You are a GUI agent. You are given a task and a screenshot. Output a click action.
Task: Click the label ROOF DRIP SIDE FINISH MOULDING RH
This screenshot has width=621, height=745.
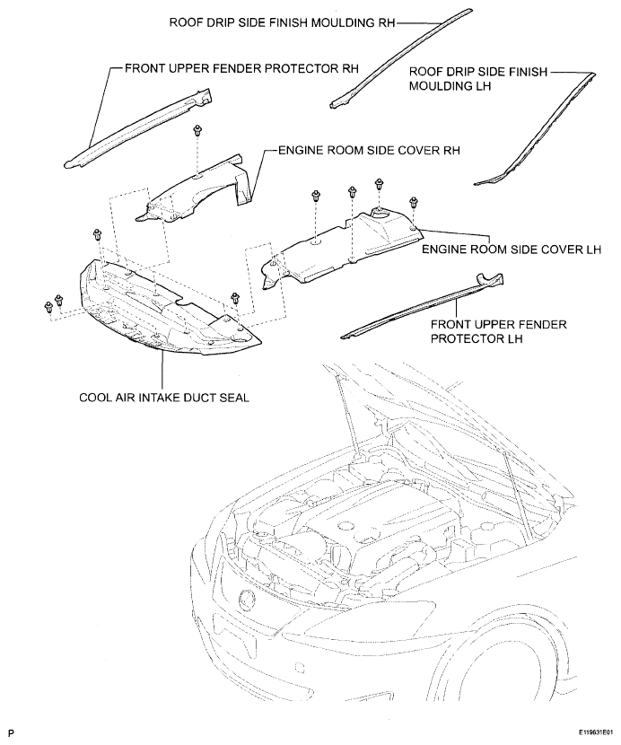point(282,22)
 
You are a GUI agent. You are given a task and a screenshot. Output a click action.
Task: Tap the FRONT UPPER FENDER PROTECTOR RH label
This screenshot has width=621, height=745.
point(241,68)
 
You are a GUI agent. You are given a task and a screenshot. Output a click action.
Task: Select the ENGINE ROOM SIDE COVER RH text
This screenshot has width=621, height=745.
point(369,150)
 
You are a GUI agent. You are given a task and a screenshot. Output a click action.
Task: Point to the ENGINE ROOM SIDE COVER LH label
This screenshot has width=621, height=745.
point(512,249)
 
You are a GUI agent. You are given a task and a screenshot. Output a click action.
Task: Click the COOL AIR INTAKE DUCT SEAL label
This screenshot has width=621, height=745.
point(164,398)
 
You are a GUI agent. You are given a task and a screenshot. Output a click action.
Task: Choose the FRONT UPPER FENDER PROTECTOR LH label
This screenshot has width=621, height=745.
point(498,331)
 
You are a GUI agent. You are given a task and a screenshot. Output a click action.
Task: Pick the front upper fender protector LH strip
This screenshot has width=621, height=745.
point(423,305)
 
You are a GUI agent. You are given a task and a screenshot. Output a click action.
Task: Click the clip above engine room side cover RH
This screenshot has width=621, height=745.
point(197,130)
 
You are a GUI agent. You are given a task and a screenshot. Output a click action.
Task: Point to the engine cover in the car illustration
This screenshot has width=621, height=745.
point(375,522)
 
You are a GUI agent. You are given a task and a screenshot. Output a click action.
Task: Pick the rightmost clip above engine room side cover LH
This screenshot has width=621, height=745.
point(413,201)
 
